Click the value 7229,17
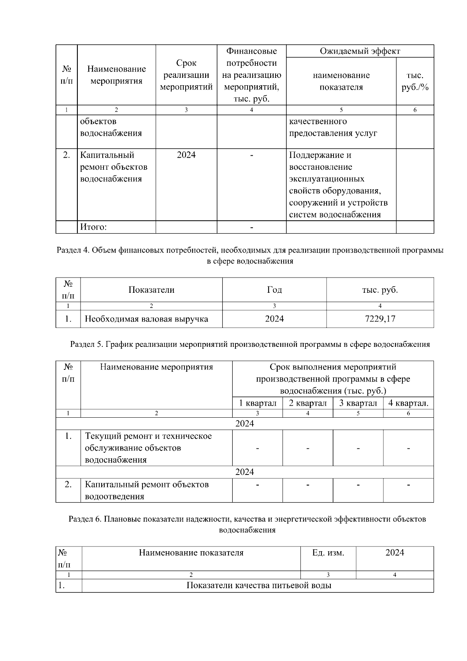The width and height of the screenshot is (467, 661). click(x=380, y=319)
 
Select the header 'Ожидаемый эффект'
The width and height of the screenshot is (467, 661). click(x=360, y=51)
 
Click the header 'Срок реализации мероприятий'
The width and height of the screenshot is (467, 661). click(x=186, y=75)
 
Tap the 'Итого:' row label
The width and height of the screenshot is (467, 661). click(x=93, y=227)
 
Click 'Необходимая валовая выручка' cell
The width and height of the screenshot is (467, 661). click(x=146, y=319)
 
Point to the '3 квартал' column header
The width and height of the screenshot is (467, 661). click(x=358, y=403)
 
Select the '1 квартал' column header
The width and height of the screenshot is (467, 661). click(x=257, y=403)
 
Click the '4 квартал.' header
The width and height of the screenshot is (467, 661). click(x=408, y=403)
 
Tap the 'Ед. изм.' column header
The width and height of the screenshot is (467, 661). click(x=328, y=553)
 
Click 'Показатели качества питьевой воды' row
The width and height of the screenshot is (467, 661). click(x=259, y=585)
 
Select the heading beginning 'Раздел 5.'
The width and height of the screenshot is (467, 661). click(x=250, y=344)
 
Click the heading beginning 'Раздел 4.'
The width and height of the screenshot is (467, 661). click(x=250, y=255)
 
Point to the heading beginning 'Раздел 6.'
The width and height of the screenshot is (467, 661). click(x=248, y=524)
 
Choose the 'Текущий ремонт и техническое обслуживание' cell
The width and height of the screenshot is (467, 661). click(x=148, y=448)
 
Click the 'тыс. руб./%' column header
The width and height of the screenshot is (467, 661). click(x=415, y=81)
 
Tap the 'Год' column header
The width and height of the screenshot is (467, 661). click(x=274, y=290)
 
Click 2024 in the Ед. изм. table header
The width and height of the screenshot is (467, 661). click(x=395, y=553)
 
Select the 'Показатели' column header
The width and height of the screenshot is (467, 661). click(x=151, y=290)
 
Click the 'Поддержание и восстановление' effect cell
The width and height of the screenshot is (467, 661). click(x=338, y=185)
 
